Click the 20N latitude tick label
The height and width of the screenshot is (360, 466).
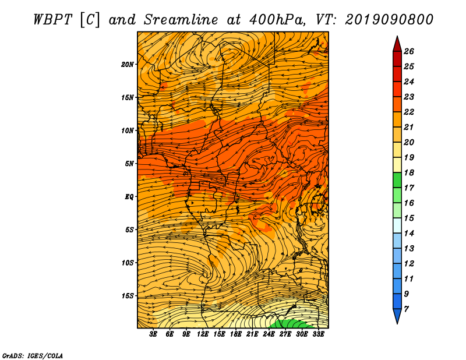(127, 65)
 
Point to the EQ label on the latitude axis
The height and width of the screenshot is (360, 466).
(129, 197)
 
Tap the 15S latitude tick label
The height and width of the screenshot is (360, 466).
(128, 296)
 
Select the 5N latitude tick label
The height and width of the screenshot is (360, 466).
(129, 164)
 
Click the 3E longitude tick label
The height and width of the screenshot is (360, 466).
(153, 334)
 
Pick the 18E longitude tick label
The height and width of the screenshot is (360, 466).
(236, 334)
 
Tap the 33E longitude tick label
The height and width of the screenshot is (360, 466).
(318, 334)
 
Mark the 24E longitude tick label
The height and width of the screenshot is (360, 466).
(269, 334)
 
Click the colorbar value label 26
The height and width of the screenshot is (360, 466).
(409, 51)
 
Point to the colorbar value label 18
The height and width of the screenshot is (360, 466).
(409, 172)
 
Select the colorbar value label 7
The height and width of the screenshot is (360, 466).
(406, 309)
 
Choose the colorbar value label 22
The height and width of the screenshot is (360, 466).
(409, 112)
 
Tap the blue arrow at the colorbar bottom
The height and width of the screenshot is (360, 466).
(397, 315)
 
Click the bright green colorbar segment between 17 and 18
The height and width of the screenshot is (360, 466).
(397, 180)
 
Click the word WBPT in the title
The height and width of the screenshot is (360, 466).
(52, 20)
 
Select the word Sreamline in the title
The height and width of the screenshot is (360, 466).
(181, 20)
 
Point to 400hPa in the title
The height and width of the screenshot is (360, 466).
(277, 20)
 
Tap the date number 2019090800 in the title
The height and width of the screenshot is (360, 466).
(389, 20)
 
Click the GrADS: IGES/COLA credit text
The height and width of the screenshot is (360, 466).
(33, 356)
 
